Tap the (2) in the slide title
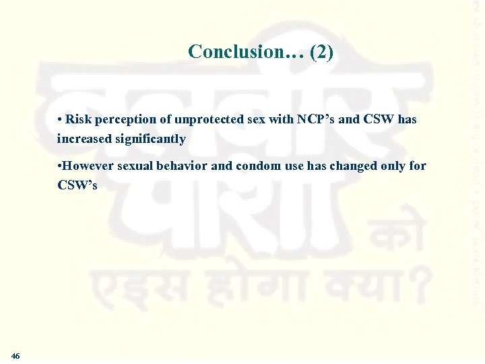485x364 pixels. pyautogui.click(x=321, y=52)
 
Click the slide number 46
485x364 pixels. pyautogui.click(x=15, y=355)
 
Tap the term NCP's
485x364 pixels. pyautogui.click(x=315, y=119)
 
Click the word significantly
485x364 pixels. pyautogui.click(x=152, y=140)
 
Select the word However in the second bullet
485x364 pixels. pyautogui.click(x=88, y=166)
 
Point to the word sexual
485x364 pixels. pyautogui.click(x=137, y=166)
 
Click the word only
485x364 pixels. pyautogui.click(x=391, y=166)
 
